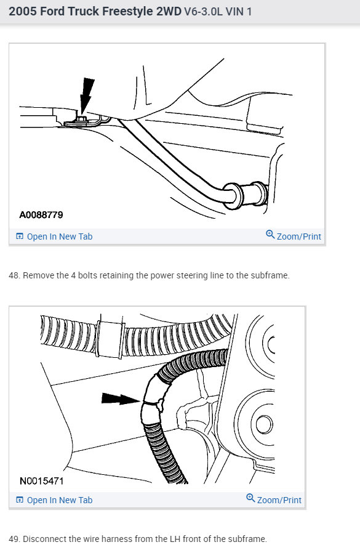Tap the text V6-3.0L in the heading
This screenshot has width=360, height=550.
click(x=204, y=12)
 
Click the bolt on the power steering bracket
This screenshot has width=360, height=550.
click(x=81, y=117)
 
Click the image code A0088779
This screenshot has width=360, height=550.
click(x=41, y=215)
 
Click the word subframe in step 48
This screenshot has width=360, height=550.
click(x=271, y=275)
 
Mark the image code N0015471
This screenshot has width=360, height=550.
click(x=42, y=480)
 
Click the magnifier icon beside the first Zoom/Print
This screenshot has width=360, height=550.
click(x=270, y=235)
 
